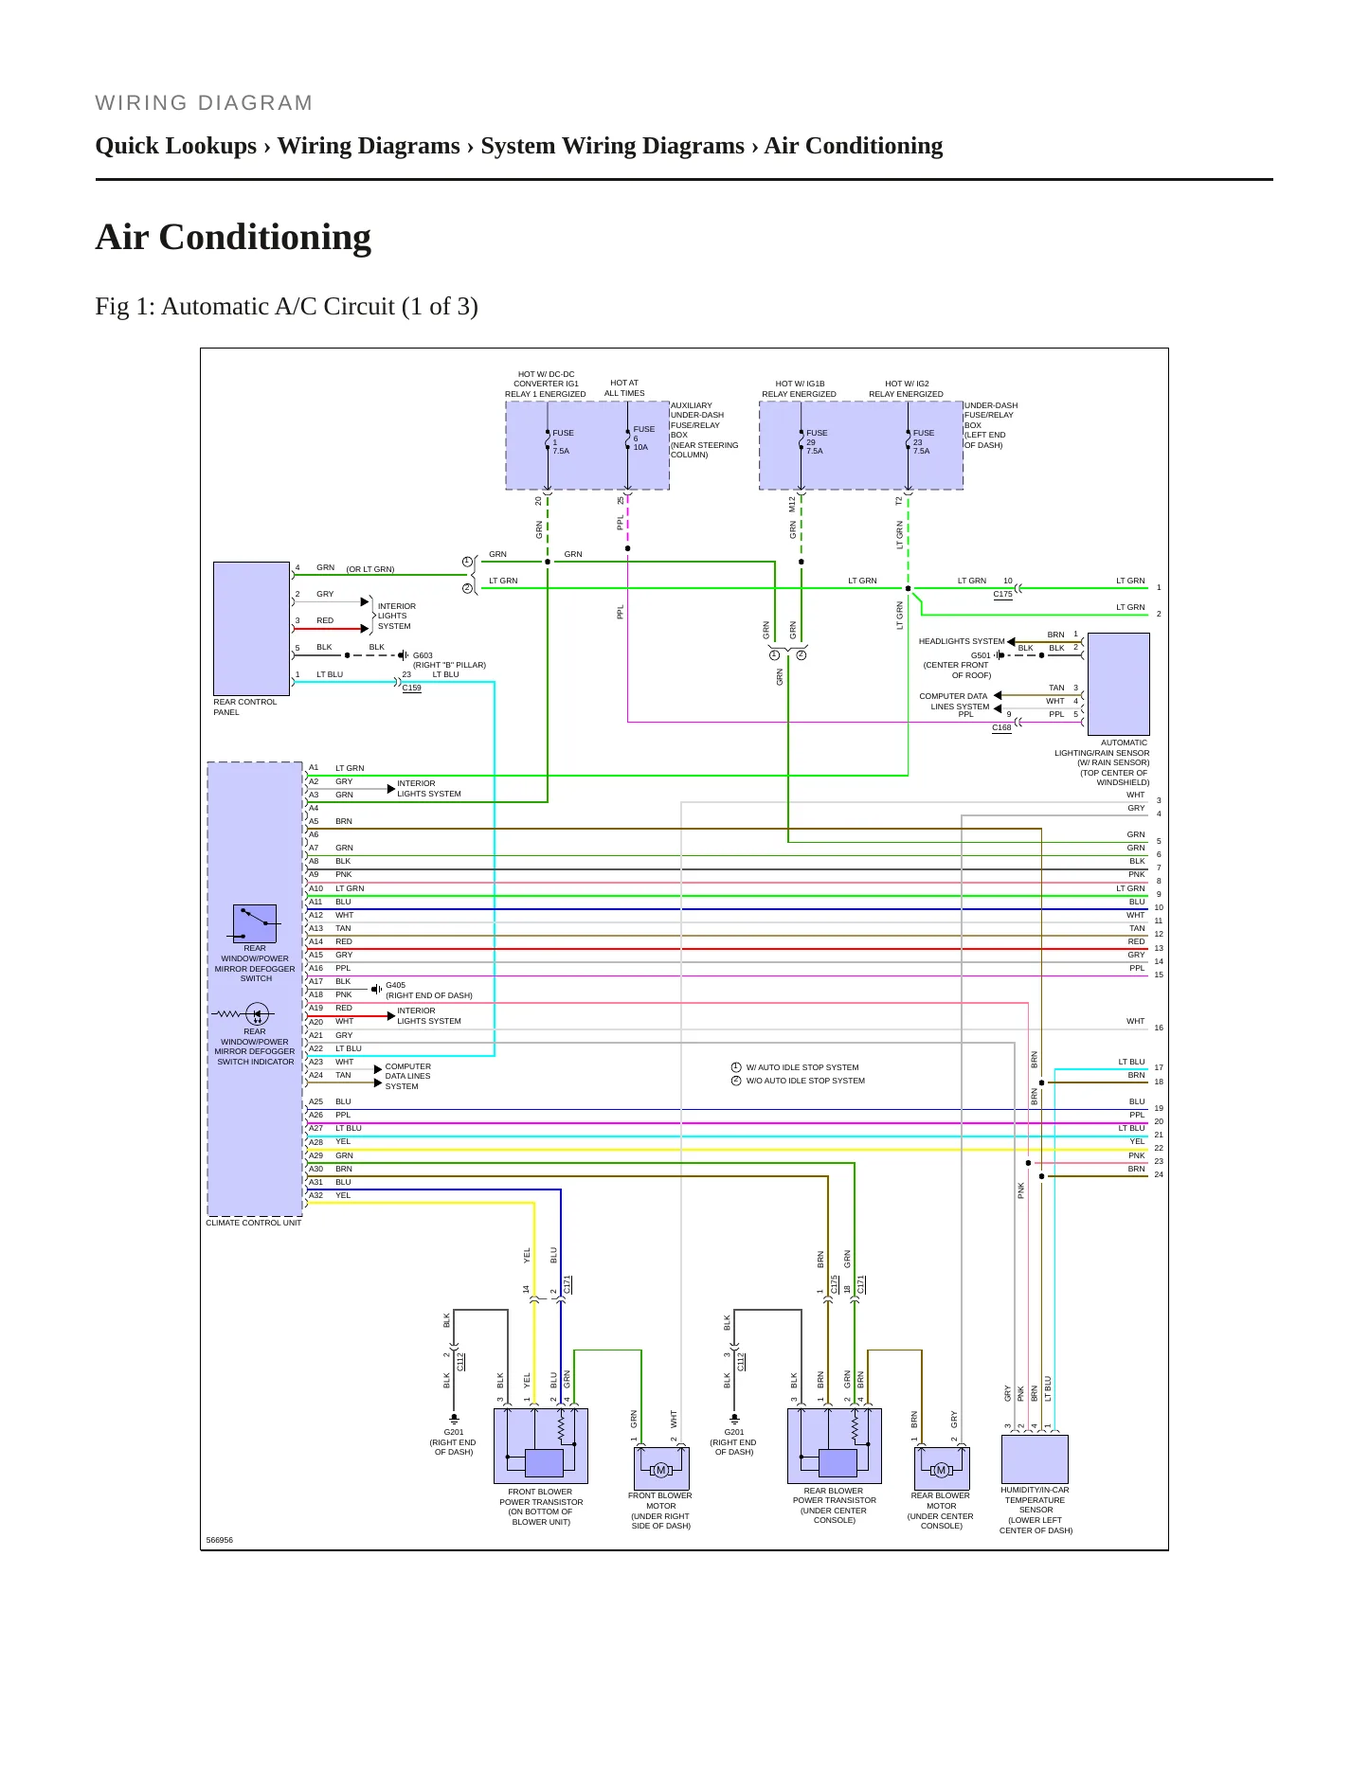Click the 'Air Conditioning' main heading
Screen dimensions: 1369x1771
tap(233, 237)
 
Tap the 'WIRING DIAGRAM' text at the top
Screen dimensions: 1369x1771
tap(204, 103)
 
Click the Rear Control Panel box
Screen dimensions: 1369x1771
tap(251, 629)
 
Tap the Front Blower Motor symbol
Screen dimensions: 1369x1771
tap(661, 1468)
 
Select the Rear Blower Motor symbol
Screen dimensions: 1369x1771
tap(942, 1468)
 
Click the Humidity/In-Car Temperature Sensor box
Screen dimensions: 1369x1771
tap(1035, 1459)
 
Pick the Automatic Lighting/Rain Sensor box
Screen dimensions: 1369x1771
tap(1119, 685)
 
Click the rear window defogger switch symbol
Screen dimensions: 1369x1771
tap(255, 923)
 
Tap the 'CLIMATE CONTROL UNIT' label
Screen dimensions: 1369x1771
tap(254, 1223)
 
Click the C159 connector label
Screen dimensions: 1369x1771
tap(411, 689)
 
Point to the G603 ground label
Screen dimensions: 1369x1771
tap(423, 655)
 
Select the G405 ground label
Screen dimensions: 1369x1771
tap(395, 985)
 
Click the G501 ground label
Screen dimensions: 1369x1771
tap(981, 655)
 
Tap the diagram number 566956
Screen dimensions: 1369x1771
tap(219, 1540)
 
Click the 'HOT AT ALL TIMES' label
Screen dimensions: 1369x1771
tap(624, 388)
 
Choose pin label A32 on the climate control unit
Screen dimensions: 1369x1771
tap(315, 1195)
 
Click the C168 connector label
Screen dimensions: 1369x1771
tap(1001, 727)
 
